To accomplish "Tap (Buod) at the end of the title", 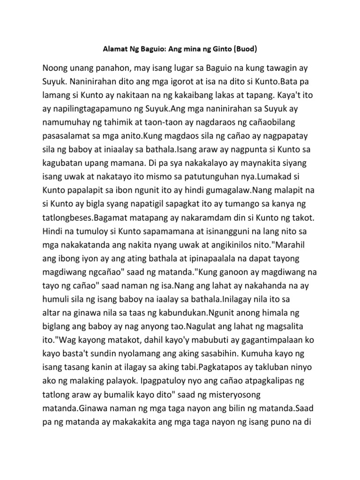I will [246, 48].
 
